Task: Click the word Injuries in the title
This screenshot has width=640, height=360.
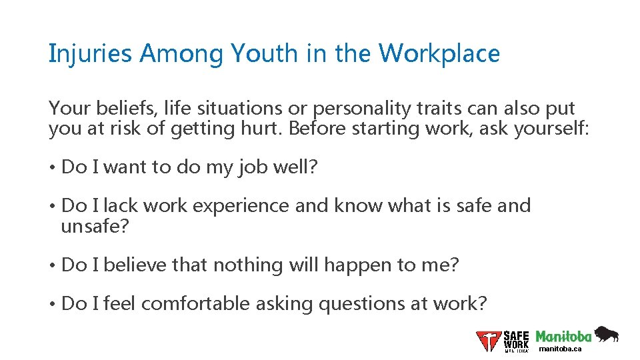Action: (x=91, y=54)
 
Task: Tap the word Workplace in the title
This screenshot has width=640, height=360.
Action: (x=439, y=54)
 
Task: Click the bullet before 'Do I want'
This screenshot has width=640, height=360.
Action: (x=52, y=167)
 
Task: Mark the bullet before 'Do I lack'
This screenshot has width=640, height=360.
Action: (x=52, y=206)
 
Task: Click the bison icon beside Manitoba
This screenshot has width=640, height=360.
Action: (x=606, y=334)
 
